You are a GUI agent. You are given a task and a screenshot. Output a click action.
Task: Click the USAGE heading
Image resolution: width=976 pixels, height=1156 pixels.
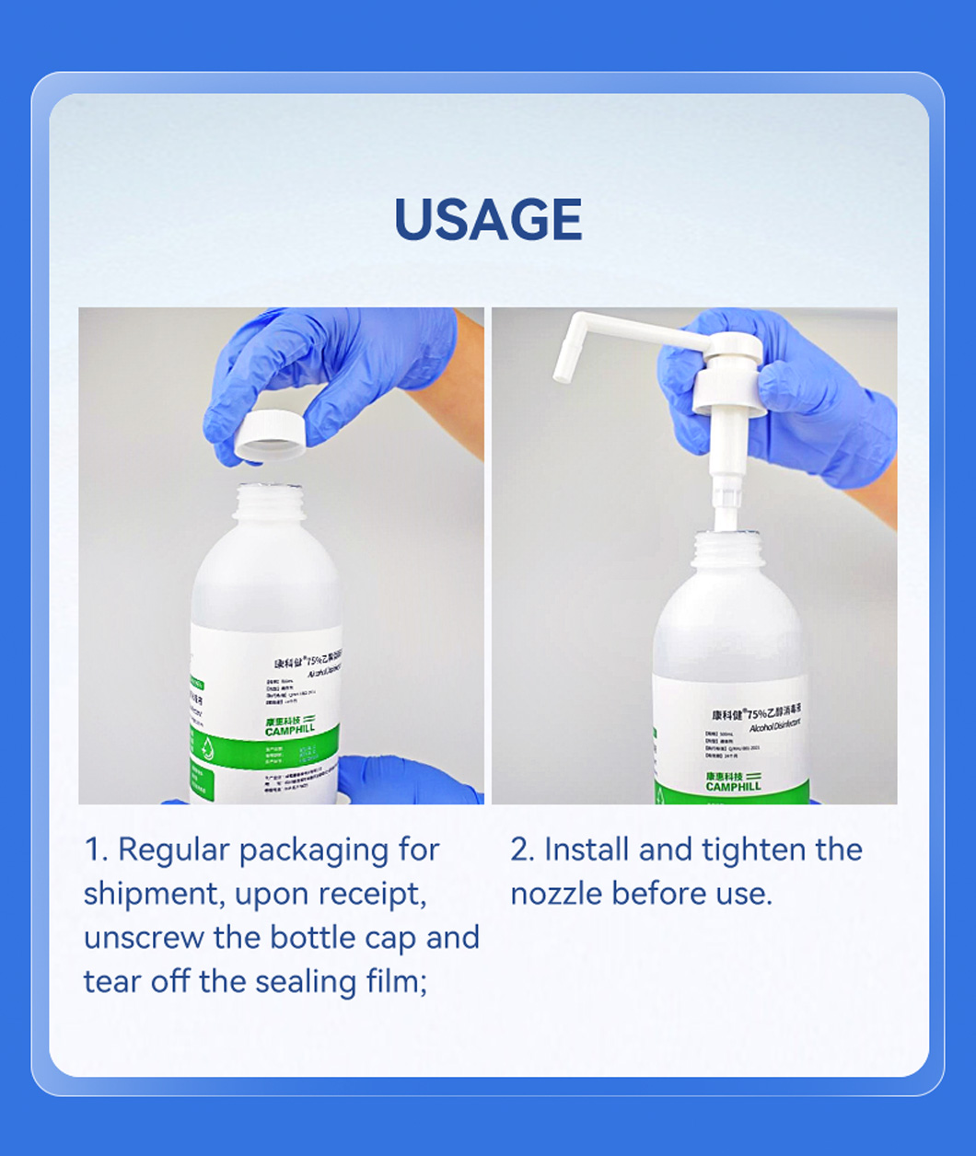(488, 219)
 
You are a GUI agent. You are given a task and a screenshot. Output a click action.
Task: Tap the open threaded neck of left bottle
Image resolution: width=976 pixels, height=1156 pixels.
(269, 502)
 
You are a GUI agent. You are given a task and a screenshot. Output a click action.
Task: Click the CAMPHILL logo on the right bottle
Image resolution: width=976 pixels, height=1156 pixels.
(733, 781)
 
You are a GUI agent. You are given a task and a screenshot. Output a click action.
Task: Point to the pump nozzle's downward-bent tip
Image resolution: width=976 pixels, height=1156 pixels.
(561, 368)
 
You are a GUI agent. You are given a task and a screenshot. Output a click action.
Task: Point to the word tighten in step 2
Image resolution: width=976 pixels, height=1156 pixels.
(748, 850)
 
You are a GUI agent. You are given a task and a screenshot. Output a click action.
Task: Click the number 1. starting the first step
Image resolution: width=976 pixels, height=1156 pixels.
(96, 850)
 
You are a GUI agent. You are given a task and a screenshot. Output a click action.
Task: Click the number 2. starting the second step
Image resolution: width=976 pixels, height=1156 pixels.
(523, 850)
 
